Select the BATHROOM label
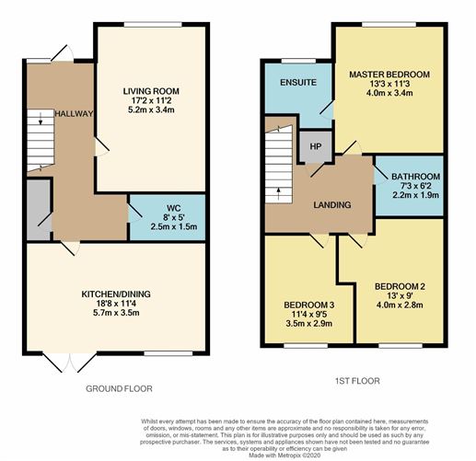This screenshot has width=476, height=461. (415, 175)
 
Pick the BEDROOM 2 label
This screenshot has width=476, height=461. (398, 286)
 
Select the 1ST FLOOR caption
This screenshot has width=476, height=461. (356, 381)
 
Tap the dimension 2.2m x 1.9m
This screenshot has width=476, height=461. (415, 195)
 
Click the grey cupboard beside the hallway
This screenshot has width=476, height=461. (38, 205)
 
